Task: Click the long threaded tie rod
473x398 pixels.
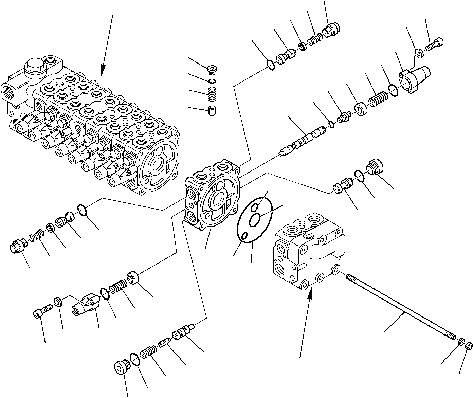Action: [x=401, y=306]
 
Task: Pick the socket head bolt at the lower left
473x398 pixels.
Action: [x=42, y=311]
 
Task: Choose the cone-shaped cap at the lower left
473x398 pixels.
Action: [x=85, y=304]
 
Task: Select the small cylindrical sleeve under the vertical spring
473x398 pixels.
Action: [x=212, y=111]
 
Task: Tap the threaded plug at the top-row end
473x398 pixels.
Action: [x=331, y=30]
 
